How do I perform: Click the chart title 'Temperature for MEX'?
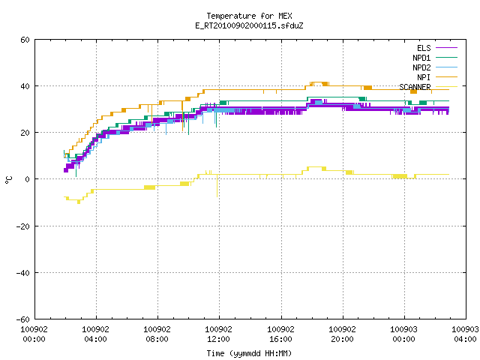point(249,16)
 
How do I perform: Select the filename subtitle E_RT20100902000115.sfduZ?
point(249,25)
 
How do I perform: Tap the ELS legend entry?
point(436,48)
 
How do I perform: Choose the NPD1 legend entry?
point(435,58)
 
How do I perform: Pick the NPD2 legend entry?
point(435,67)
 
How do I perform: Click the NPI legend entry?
point(436,77)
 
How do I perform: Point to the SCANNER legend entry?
point(428,87)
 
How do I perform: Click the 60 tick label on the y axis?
point(25,40)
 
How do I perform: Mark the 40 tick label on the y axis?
point(25,86)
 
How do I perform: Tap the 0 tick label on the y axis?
point(28,179)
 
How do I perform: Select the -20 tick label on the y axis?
point(23,226)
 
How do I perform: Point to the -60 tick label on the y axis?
point(23,319)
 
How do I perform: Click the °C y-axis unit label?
point(8,180)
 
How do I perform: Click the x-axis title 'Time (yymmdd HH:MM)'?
point(249,353)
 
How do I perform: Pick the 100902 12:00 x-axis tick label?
point(218,334)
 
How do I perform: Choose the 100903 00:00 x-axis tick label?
point(403,334)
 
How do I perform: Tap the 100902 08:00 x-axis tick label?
point(157,334)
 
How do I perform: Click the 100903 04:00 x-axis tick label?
point(465,334)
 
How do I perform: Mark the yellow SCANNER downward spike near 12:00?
point(217,185)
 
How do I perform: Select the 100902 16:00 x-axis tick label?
point(280,334)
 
